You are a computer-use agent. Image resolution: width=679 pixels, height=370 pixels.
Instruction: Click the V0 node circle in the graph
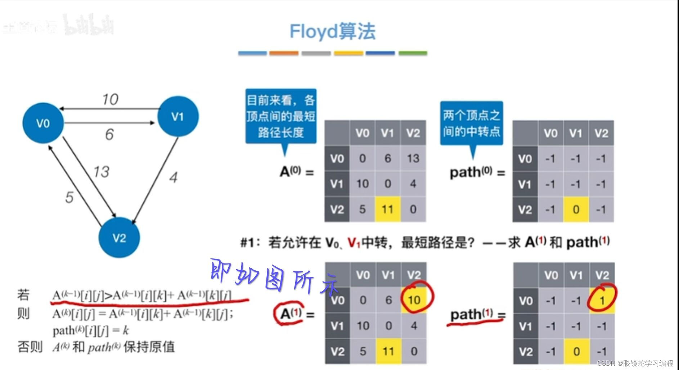[43, 123]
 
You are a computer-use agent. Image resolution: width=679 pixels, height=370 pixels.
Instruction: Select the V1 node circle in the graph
[178, 116]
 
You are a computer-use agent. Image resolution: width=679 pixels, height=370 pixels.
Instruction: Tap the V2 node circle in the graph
[119, 238]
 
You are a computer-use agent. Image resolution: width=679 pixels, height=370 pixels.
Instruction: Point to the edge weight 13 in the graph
[101, 172]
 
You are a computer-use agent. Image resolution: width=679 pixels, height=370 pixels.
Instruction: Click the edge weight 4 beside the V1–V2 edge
[174, 177]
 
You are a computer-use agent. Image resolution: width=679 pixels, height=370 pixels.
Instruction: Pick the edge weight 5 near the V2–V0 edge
[69, 197]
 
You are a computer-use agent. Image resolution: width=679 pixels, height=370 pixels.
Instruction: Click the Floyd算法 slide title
[332, 31]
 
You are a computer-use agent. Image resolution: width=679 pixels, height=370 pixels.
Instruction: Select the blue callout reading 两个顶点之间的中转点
[471, 123]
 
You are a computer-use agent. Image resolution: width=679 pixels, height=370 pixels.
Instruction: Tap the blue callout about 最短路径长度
[281, 116]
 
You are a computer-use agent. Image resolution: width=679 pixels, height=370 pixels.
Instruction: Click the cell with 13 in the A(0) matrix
[413, 158]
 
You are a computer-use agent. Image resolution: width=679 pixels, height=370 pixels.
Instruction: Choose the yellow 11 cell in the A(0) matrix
[387, 209]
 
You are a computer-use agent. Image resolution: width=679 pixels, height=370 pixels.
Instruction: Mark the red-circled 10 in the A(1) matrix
[414, 299]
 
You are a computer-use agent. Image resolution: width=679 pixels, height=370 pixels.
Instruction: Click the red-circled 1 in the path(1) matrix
[602, 300]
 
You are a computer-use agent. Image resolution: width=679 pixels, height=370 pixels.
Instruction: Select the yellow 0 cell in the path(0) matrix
[576, 209]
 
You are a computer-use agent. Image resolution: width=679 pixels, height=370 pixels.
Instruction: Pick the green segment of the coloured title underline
[413, 53]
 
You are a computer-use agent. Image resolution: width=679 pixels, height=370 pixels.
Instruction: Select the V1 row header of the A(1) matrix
[337, 326]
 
